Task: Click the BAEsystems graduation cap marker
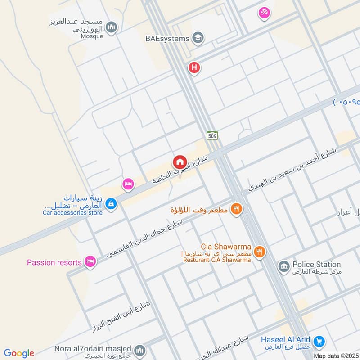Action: (198, 38)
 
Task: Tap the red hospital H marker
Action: (194, 68)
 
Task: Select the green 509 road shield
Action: (213, 135)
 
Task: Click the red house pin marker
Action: (179, 162)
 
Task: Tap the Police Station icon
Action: (283, 266)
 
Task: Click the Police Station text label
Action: (316, 265)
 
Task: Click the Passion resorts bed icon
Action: (90, 262)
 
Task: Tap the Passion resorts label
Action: (54, 262)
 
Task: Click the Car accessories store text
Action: (73, 213)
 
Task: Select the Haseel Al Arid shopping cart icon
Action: (319, 342)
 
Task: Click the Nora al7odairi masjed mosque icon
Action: (140, 350)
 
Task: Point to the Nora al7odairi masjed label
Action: (93, 349)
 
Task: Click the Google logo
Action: (19, 353)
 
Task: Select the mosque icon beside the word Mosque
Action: (112, 28)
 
